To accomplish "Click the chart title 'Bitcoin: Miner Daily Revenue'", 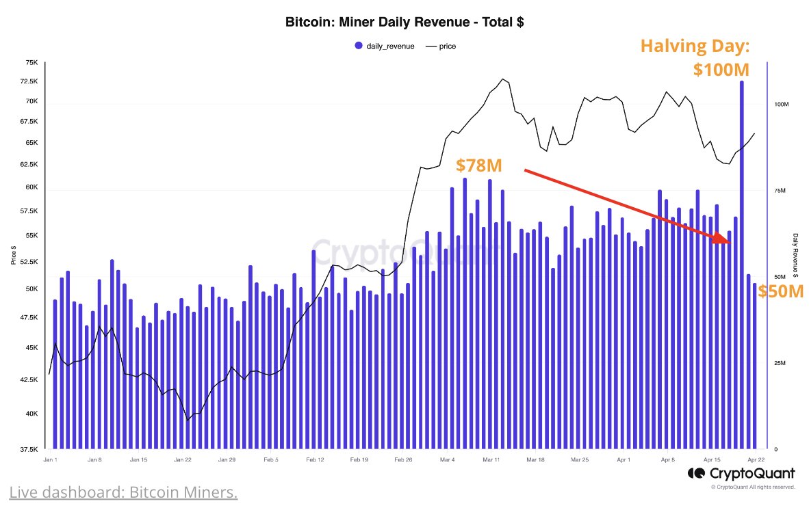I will coord(404,23).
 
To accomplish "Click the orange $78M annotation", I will coord(480,165).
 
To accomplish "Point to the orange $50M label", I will coord(780,292).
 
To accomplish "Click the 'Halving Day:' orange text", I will coord(694,46).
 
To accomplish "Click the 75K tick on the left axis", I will coord(31,62).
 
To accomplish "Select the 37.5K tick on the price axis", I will coord(29,449).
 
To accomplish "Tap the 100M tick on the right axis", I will coord(781,104).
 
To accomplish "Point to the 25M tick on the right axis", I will coord(780,363).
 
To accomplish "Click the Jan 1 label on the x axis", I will coord(51,460).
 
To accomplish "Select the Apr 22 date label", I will coord(756,460).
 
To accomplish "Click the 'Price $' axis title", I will coord(13,255).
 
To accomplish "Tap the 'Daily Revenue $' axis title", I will coord(796,255).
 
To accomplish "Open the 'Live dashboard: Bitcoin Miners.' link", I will coord(123,492).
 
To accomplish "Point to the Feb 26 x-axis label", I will coord(404,460).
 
